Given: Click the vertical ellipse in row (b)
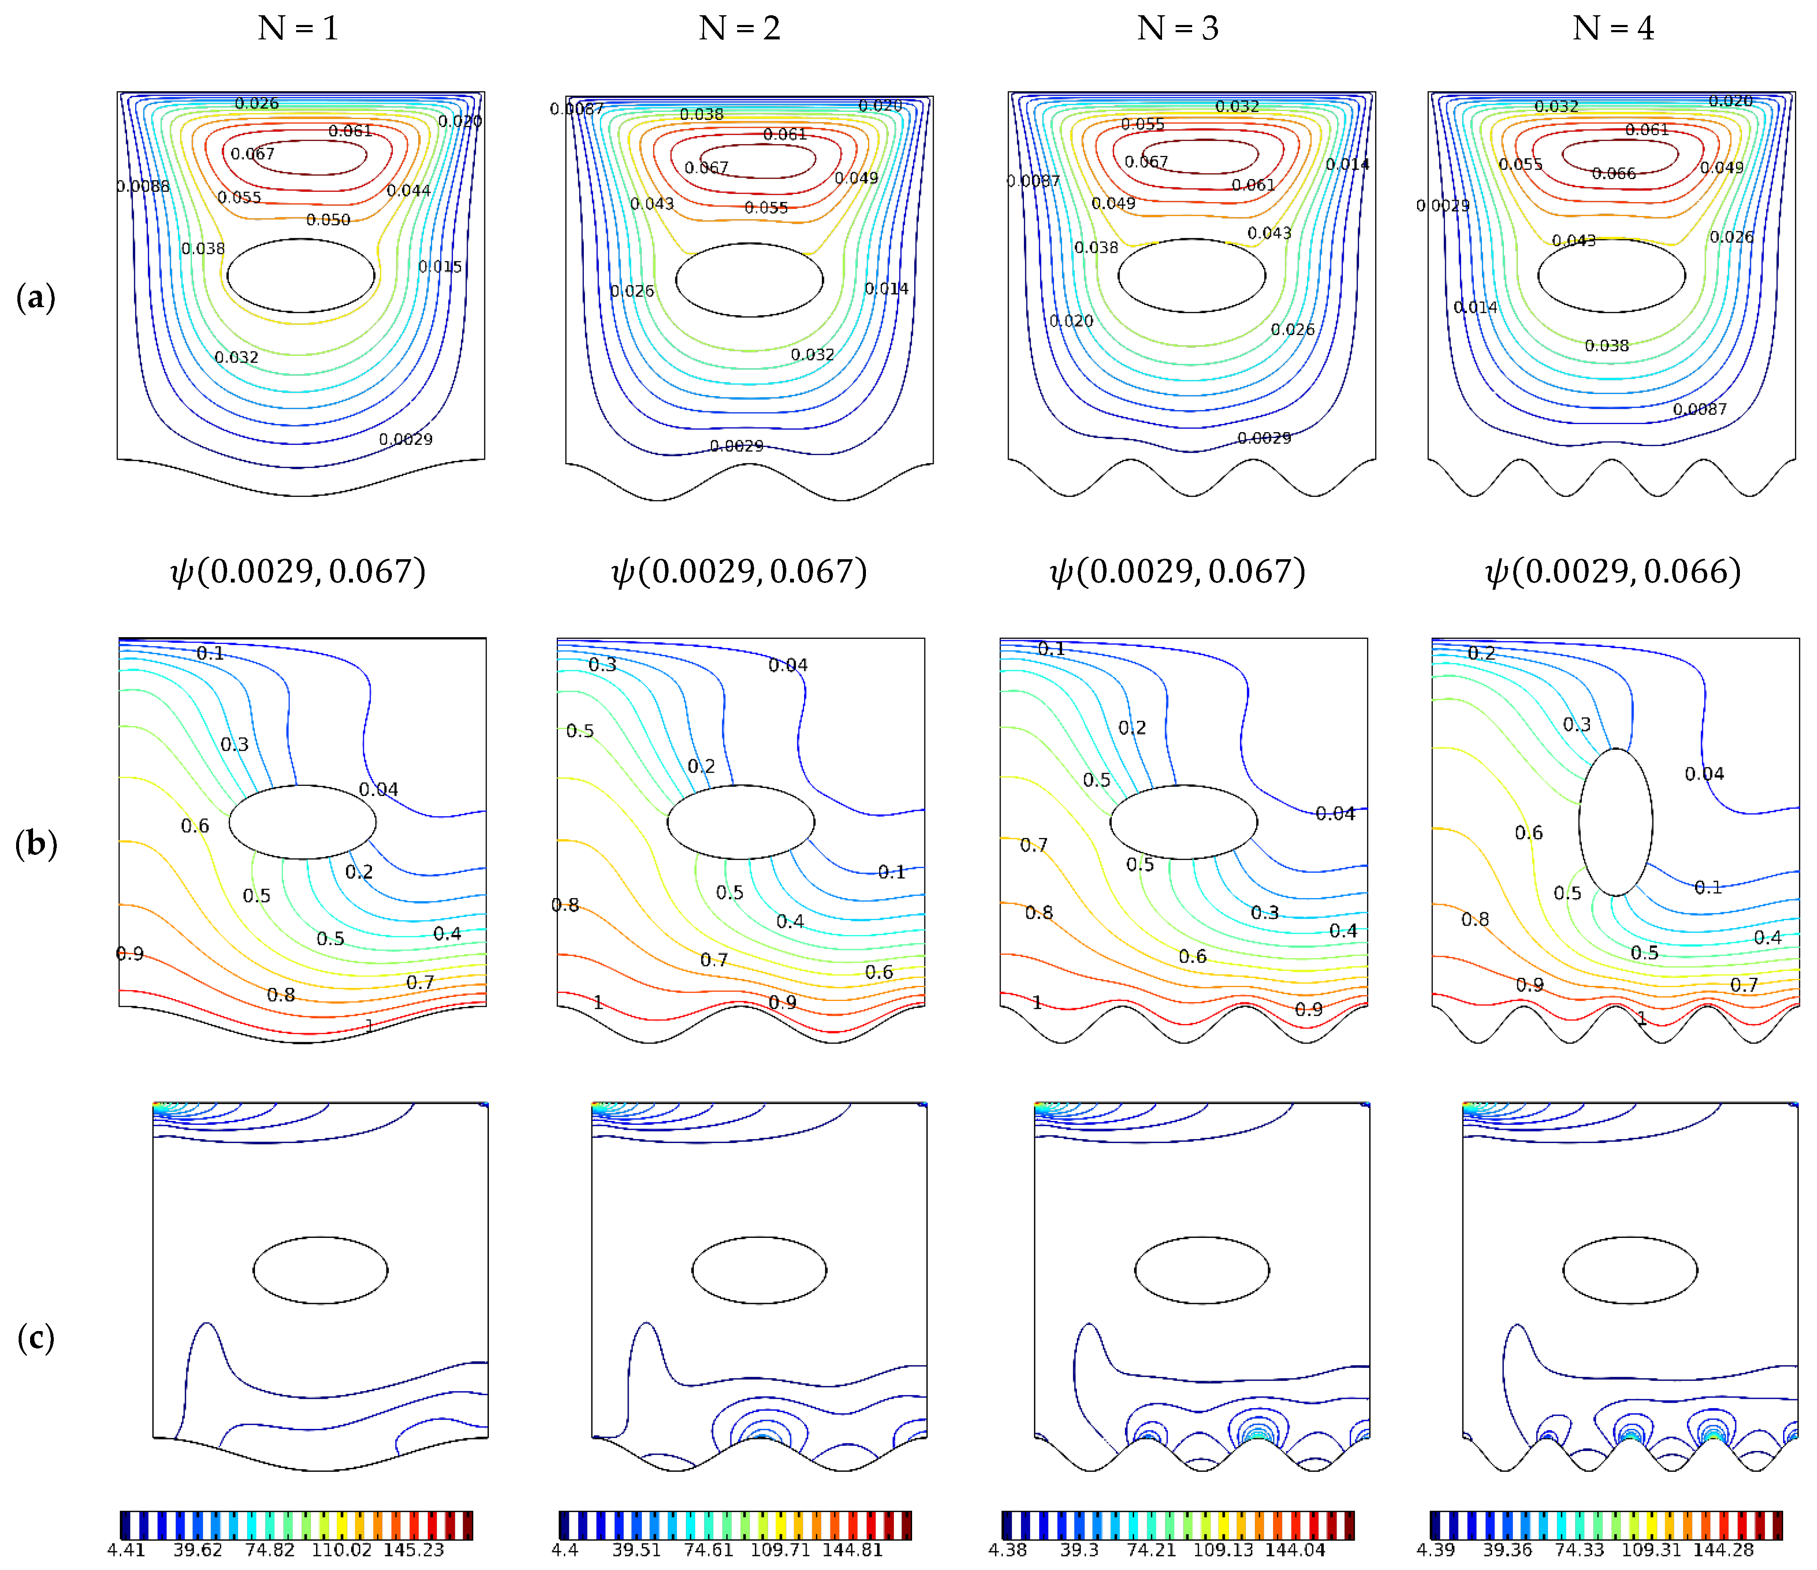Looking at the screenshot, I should [1615, 822].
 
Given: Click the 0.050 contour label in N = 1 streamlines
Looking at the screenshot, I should [328, 220].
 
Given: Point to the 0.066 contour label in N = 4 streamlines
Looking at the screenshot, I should [1614, 174].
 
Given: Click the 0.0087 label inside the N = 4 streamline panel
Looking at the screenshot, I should [1700, 410].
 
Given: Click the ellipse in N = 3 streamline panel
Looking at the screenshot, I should [1192, 275].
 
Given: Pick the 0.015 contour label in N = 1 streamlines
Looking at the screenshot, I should [440, 266].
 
